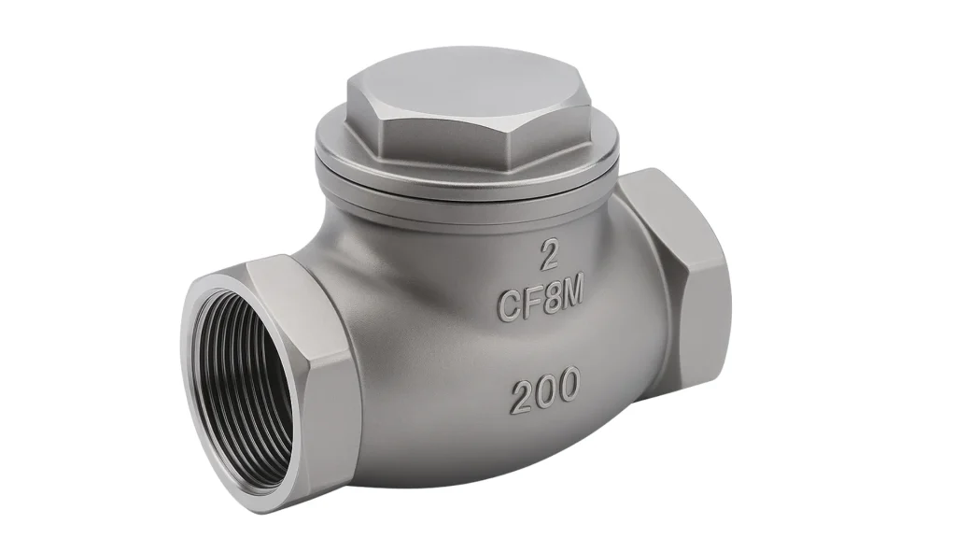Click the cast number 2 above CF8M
tap(549, 255)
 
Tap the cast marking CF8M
tap(541, 302)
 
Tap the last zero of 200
tap(568, 384)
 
